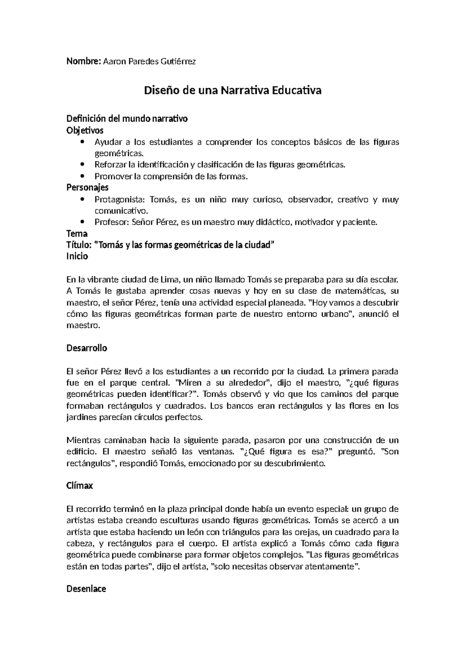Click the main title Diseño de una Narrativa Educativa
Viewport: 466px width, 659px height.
[233, 91]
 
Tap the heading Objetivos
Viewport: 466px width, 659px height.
[85, 130]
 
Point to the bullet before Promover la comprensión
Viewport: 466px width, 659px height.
[82, 176]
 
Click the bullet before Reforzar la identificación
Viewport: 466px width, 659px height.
[82, 165]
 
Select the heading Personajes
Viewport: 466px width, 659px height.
[87, 188]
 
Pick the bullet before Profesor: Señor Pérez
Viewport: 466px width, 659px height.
[82, 222]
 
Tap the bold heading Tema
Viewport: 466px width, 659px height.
[77, 234]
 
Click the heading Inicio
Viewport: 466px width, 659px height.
[77, 256]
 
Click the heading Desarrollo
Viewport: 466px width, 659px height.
[87, 348]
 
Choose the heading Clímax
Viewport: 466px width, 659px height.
[80, 486]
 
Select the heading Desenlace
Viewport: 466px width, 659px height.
[86, 589]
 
